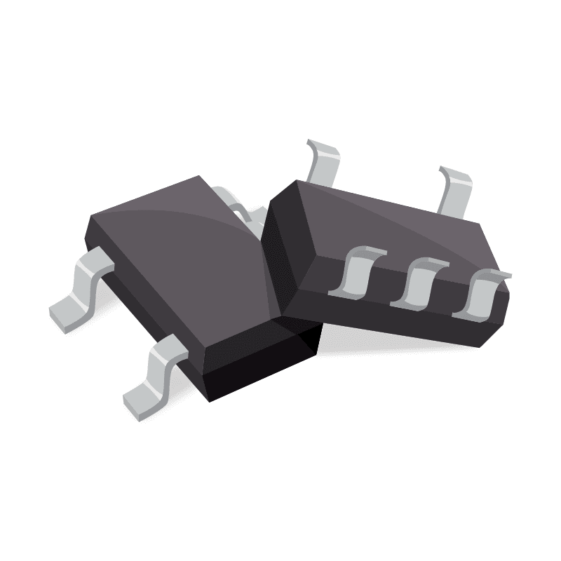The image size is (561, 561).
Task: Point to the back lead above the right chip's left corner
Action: point(324,161)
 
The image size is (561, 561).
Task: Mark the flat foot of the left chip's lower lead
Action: point(140,403)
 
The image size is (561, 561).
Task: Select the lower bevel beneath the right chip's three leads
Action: point(393,319)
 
